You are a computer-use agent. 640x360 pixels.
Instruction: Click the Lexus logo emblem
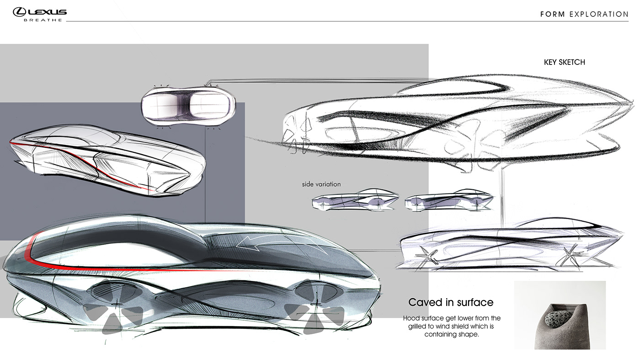click(19, 12)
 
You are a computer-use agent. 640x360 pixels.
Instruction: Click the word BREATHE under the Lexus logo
click(43, 20)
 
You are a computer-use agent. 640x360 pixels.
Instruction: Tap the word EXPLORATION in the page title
click(599, 14)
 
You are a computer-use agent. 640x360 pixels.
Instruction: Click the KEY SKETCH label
click(564, 62)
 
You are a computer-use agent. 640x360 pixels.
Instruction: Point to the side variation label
click(321, 184)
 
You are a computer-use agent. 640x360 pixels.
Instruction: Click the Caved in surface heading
click(451, 302)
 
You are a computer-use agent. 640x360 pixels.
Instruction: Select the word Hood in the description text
click(411, 318)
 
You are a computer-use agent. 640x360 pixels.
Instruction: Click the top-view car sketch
click(188, 105)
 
